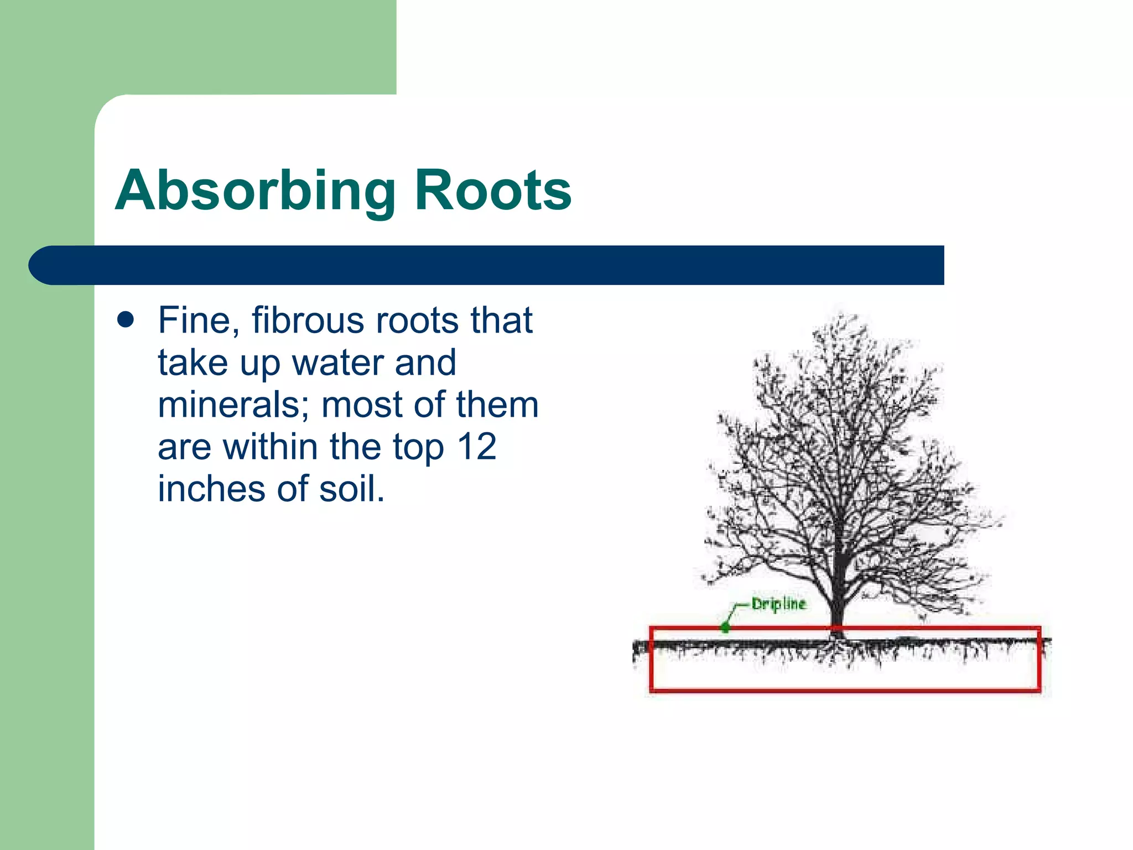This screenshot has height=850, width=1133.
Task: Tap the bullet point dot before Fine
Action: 126,320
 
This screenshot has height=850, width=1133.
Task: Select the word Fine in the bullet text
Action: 199,320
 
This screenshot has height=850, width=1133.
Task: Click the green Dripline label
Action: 778,604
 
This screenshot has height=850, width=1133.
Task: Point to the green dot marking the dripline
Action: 725,628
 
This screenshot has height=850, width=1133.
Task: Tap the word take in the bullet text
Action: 193,363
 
